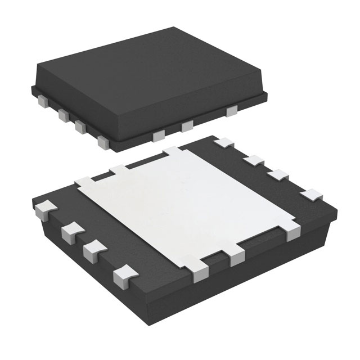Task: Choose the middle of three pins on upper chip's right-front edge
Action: point(187,127)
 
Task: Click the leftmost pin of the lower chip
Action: point(42,210)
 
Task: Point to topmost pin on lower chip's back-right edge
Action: point(224,143)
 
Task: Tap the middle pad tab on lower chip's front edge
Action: point(237,256)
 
